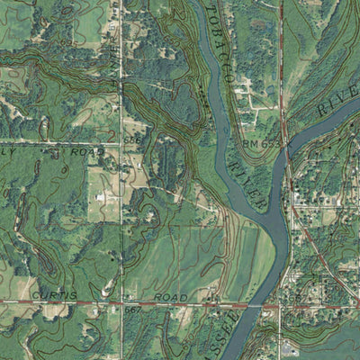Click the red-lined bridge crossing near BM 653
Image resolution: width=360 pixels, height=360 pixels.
286,160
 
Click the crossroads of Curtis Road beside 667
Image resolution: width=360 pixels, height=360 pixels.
121,305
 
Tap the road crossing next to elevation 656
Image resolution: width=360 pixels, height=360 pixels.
121,143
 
